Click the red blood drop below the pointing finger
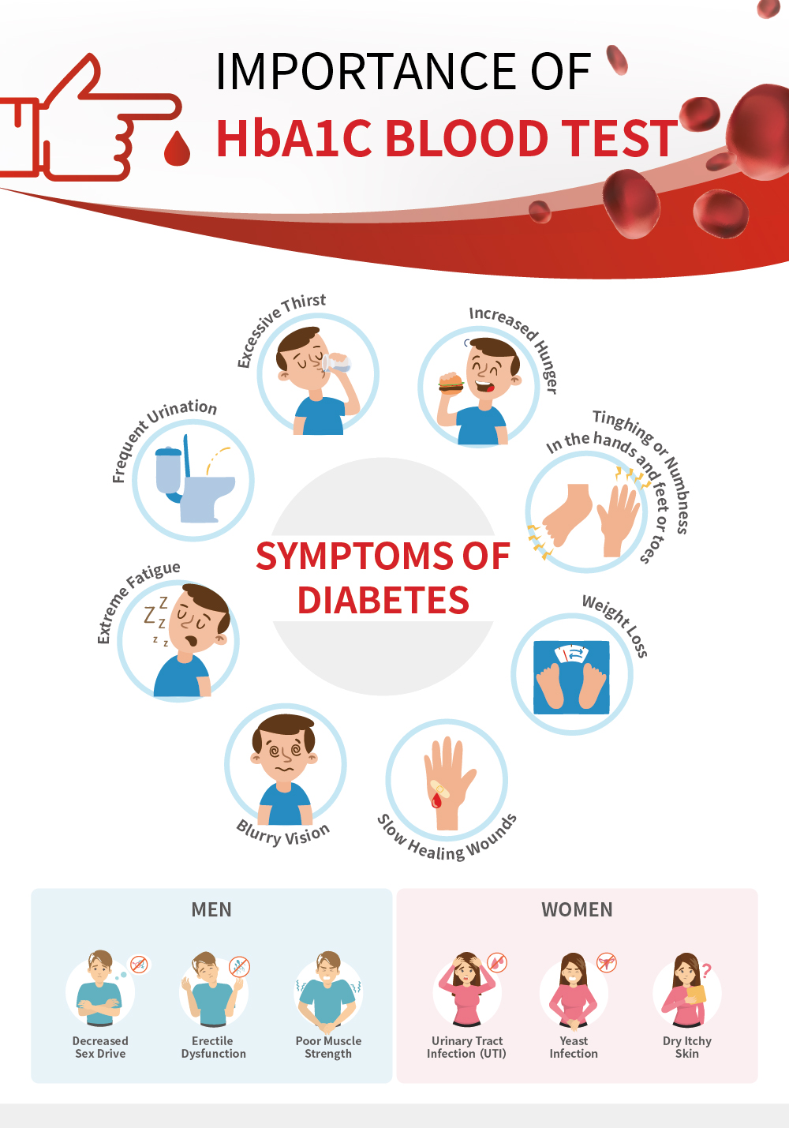click(x=177, y=148)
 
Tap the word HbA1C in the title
click(x=294, y=138)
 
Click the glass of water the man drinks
click(x=335, y=362)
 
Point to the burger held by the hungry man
click(x=451, y=384)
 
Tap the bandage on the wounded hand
click(x=439, y=788)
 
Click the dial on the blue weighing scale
click(x=571, y=654)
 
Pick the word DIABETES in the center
click(x=383, y=600)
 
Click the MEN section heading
click(x=211, y=909)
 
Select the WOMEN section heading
click(x=578, y=909)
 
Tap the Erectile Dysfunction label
click(x=213, y=1047)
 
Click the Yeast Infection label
click(x=574, y=1047)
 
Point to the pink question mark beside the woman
click(x=707, y=970)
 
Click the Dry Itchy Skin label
click(x=687, y=1047)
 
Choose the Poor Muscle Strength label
click(x=328, y=1047)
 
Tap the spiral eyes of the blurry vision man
click(x=285, y=751)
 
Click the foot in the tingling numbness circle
click(x=566, y=515)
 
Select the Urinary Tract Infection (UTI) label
click(x=466, y=1047)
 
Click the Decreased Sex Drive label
click(x=100, y=1047)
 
